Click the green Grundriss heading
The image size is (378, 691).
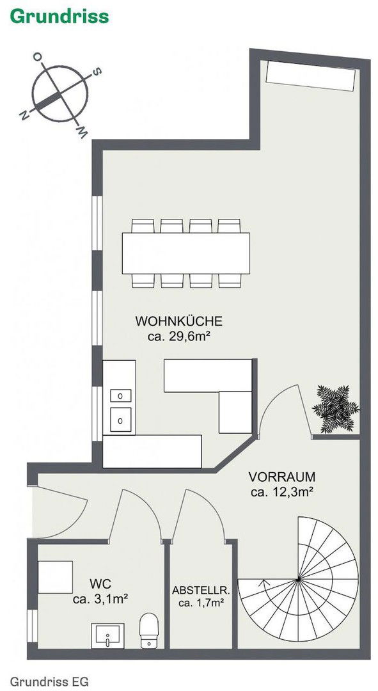click(x=59, y=17)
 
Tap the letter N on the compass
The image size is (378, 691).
click(x=24, y=115)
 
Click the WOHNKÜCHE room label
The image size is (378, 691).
click(x=179, y=321)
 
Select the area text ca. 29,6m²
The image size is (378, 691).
click(x=178, y=337)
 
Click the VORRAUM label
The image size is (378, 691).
click(x=282, y=477)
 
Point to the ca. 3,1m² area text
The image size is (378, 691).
click(x=100, y=599)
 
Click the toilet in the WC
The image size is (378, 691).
click(x=149, y=630)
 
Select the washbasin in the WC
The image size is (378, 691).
click(x=107, y=635)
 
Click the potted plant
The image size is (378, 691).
click(x=336, y=408)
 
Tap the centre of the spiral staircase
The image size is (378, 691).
click(x=298, y=579)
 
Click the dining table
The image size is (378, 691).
click(x=186, y=253)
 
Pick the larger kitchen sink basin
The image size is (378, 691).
click(x=120, y=419)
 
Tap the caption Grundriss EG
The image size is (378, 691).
click(x=49, y=681)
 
